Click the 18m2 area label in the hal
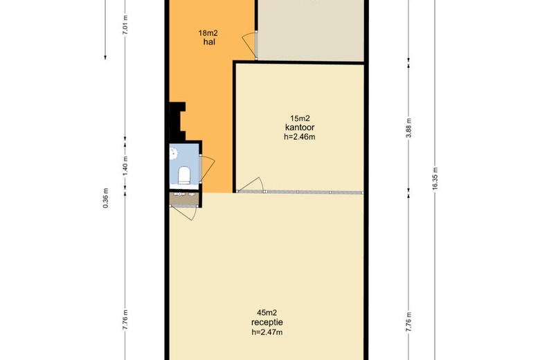point(208,33)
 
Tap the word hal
point(209,42)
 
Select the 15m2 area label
point(300,118)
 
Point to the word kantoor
point(300,127)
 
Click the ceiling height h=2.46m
point(300,137)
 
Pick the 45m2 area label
point(267,313)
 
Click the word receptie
point(267,323)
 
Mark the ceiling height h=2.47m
point(267,332)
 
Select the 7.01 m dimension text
point(125,25)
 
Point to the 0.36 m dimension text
point(106,198)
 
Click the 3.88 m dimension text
point(408,128)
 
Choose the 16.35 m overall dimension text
point(435,179)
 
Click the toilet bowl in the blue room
point(184,175)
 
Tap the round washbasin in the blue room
point(173,152)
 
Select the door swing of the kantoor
point(251,185)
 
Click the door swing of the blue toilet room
point(207,168)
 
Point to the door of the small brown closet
point(183,213)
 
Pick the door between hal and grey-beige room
point(251,46)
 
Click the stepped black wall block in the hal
point(177,121)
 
